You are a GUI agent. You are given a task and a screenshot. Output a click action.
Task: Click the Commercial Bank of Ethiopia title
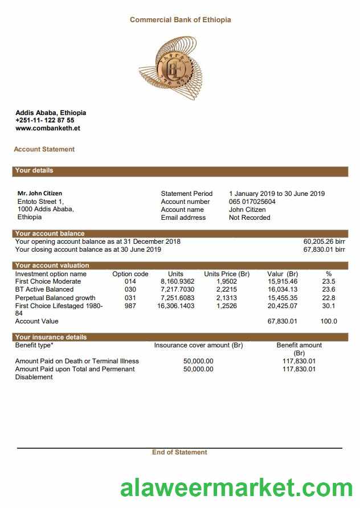click(180, 20)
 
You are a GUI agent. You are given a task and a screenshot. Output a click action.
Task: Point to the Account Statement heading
click(44, 149)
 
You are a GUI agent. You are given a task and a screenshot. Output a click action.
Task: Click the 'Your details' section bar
click(179, 171)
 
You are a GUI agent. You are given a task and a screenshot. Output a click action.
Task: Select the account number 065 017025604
click(252, 202)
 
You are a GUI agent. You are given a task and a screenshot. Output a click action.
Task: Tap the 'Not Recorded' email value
click(249, 218)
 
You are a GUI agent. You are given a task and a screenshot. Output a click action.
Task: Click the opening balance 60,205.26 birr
click(324, 241)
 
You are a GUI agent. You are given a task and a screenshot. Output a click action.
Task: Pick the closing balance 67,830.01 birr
click(324, 249)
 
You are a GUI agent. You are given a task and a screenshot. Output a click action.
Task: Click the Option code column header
click(130, 274)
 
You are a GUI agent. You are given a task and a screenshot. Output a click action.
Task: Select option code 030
click(130, 290)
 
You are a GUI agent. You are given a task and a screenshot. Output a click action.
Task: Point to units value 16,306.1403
click(175, 306)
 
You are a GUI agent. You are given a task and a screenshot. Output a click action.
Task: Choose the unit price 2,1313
click(227, 298)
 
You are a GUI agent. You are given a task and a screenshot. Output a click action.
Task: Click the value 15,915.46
click(282, 282)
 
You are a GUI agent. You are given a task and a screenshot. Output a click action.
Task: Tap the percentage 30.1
click(329, 306)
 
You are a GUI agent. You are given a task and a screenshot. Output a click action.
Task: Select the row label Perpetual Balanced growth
click(55, 298)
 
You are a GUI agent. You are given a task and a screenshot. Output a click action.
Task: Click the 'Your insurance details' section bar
click(179, 337)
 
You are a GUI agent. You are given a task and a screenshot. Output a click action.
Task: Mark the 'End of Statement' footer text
click(179, 452)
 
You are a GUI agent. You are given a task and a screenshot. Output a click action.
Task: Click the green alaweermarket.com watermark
click(236, 489)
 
